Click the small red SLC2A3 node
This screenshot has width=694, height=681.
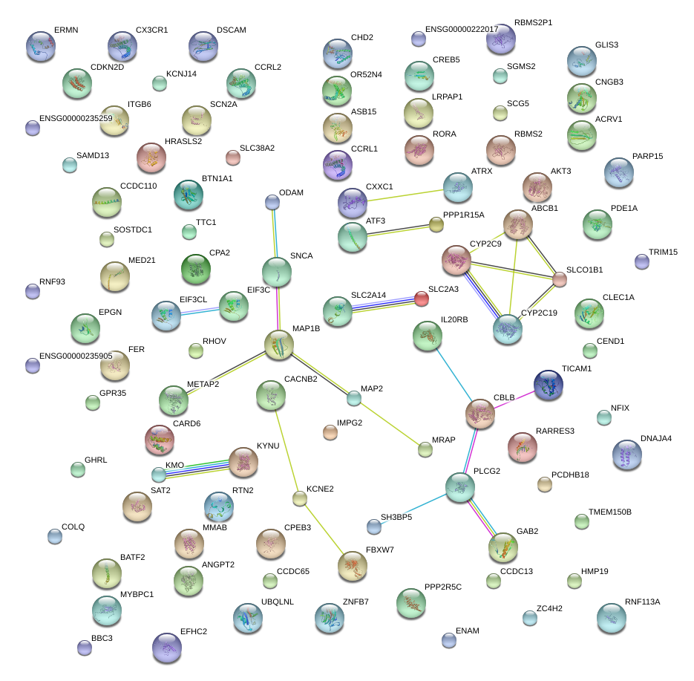pos(421,299)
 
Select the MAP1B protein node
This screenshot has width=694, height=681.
pos(279,345)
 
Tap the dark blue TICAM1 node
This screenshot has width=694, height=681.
pos(548,385)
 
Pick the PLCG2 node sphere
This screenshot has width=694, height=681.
pos(460,487)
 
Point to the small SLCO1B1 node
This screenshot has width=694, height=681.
pos(559,279)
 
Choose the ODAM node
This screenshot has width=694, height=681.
pos(272,202)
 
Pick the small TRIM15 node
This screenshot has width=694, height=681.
pos(642,261)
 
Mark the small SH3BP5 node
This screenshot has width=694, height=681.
pos(373,527)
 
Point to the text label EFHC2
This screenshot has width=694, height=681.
pos(194,632)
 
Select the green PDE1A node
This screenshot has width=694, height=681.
pos(598,225)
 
